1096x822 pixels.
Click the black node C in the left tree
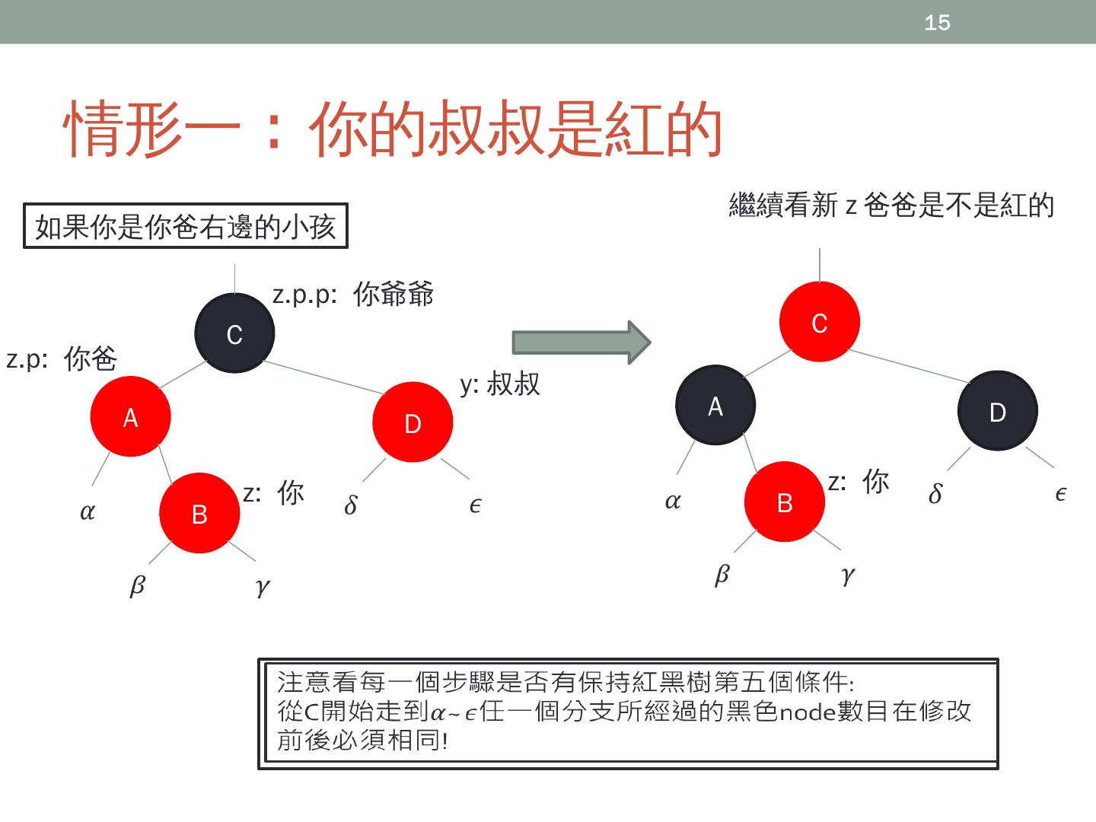point(234,333)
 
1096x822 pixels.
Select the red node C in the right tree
point(819,322)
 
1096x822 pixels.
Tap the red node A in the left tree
point(130,416)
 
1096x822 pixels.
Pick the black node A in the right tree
point(715,406)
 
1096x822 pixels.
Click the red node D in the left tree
point(413,422)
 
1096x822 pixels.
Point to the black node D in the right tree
point(997,411)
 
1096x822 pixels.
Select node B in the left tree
point(199,514)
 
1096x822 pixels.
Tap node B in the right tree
point(784,502)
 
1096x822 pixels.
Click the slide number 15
point(937,23)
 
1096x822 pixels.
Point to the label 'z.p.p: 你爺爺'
point(353,294)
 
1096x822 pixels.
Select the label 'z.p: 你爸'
point(62,358)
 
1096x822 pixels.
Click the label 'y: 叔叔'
point(500,384)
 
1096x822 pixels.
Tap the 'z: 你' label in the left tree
point(274,492)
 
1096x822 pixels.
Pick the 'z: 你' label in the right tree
point(859,481)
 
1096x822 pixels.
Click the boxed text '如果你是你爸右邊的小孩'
point(186,226)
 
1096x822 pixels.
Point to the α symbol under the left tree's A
point(88,511)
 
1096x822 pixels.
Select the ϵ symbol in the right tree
point(1060,494)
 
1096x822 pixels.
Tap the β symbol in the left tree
point(137,585)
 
